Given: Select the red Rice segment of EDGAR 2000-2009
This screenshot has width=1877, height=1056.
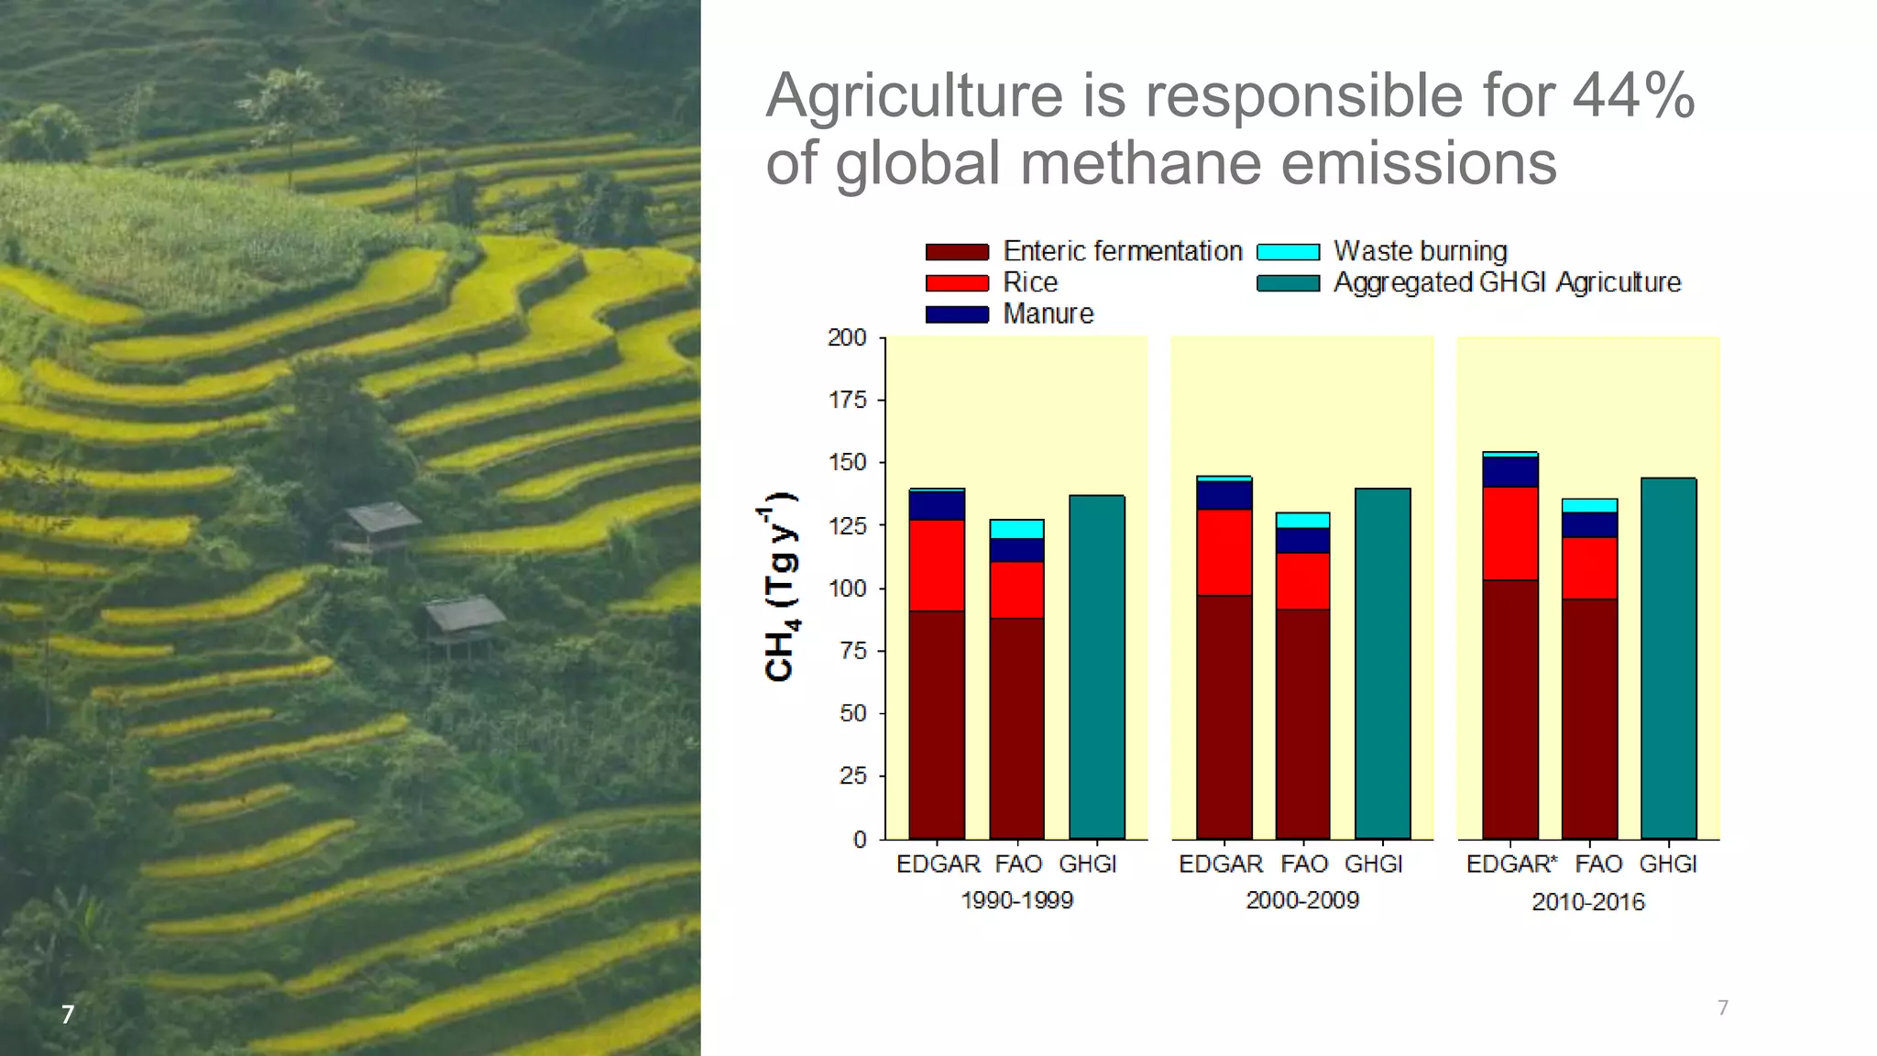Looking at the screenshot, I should click(1224, 553).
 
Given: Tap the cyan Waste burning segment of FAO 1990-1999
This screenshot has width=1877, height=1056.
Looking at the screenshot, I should click(1016, 529).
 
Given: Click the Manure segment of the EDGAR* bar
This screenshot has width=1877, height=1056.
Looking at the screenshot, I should click(1509, 472).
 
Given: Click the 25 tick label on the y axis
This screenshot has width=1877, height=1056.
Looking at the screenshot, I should click(852, 776).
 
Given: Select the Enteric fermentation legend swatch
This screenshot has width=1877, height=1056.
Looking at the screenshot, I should click(957, 252).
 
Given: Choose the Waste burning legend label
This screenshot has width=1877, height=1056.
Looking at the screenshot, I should click(1420, 251).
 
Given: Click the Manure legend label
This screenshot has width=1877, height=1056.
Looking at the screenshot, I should click(1048, 313).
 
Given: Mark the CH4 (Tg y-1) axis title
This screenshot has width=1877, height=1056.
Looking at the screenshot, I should click(780, 588).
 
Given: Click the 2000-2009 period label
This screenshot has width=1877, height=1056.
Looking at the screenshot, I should click(1301, 900).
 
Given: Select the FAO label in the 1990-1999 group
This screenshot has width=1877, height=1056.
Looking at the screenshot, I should click(1018, 864).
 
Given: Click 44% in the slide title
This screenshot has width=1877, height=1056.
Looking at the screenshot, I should click(1632, 94).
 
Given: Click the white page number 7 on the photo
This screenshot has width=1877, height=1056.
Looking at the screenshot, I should click(67, 1015).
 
